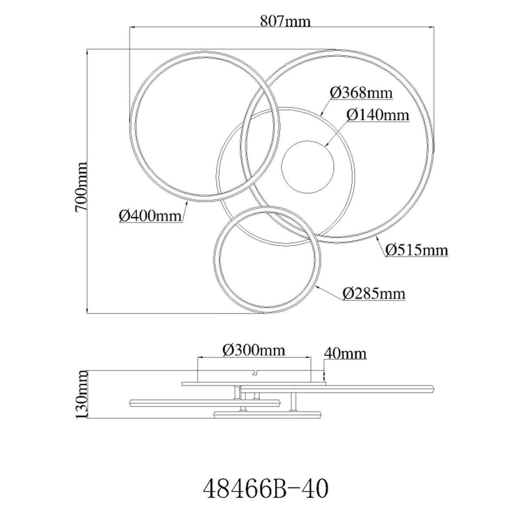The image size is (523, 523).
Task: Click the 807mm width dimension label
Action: [285, 21]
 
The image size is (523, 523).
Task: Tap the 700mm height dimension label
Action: [82, 187]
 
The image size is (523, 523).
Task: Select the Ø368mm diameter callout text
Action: [361, 93]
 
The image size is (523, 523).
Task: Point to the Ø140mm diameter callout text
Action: [377, 115]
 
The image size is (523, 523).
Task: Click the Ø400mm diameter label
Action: [150, 216]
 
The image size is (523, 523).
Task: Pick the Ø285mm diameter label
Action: [374, 293]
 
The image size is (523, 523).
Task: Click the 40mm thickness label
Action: [345, 353]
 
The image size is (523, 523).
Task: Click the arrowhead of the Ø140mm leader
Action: [327, 145]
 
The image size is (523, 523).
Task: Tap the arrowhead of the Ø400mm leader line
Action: [187, 203]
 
